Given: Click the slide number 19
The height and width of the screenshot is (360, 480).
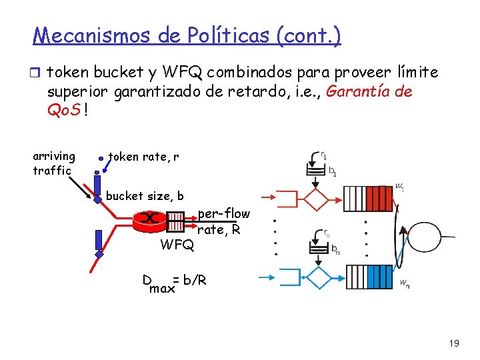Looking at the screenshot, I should [454, 343].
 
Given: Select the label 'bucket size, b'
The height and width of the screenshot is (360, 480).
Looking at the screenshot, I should [145, 196].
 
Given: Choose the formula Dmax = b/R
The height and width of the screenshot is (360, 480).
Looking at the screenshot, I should [174, 283].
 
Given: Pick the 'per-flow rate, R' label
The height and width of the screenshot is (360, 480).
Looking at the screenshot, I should [223, 221].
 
